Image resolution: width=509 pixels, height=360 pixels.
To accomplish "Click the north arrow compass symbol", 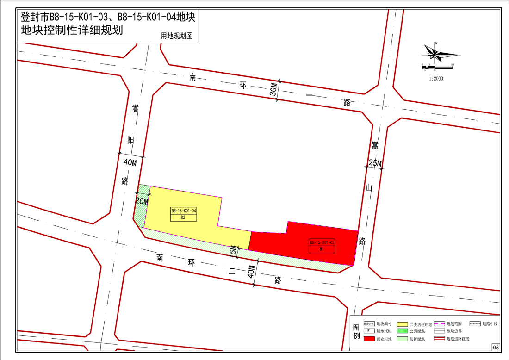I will point(436,54).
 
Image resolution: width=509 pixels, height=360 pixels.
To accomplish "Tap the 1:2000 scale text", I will point(436,79).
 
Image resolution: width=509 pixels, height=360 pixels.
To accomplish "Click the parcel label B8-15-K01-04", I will point(184,211).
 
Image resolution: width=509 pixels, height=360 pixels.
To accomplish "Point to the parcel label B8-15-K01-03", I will point(322,242).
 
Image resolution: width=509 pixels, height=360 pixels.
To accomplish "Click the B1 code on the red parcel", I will point(322,248).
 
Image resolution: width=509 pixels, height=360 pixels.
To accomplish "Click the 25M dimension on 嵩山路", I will point(375,163).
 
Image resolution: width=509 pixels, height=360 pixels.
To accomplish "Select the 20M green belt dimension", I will point(142,201).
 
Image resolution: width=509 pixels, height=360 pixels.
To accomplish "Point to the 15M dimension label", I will point(233,251).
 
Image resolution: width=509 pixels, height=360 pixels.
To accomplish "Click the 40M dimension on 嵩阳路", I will point(130,162).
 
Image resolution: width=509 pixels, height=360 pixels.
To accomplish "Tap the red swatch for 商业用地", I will point(369,339).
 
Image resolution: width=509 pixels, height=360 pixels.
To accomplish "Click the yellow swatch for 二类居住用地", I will point(401,324).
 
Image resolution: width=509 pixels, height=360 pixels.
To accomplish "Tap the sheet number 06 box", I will point(495,348).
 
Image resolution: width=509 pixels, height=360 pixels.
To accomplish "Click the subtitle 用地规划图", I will point(176,36).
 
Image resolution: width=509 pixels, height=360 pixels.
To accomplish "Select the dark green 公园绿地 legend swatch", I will point(401,331).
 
